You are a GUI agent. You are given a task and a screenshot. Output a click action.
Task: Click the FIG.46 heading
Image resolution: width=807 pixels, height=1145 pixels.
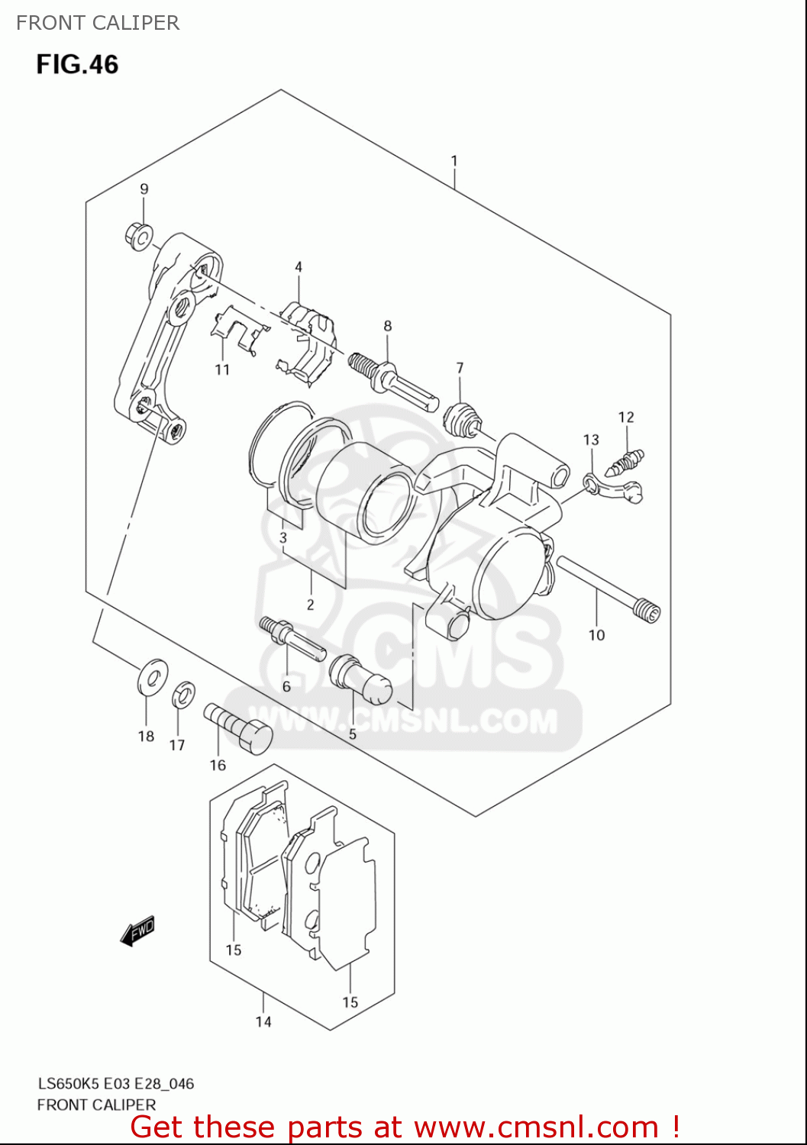(77, 64)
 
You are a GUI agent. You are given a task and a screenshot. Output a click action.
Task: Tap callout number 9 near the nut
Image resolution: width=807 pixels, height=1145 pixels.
(144, 189)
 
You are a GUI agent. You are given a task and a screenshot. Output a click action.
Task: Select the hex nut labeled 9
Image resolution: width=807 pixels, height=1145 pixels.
(139, 237)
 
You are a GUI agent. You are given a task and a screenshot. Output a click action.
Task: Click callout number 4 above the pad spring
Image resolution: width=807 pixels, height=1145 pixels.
(299, 267)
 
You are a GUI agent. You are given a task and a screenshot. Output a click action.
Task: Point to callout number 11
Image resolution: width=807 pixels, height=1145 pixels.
(222, 370)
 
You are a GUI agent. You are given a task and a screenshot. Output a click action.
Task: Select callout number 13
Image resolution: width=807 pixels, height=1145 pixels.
(591, 440)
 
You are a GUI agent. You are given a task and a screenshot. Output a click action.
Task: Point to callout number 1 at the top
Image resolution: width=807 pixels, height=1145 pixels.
(454, 161)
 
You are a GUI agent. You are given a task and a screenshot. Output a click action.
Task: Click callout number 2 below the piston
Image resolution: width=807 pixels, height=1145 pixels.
(311, 605)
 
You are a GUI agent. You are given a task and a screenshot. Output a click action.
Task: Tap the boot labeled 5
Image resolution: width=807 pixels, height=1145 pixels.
(360, 679)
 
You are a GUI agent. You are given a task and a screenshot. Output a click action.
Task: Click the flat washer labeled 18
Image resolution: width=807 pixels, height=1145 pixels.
(152, 676)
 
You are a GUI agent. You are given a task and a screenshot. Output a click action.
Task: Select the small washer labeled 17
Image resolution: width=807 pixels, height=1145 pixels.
(183, 694)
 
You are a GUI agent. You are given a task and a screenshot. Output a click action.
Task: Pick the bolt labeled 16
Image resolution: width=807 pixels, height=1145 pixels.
(239, 728)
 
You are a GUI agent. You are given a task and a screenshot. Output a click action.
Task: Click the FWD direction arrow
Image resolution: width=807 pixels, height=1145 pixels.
(138, 931)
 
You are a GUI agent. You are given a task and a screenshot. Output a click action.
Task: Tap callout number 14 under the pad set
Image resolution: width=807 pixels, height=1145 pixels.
(263, 1022)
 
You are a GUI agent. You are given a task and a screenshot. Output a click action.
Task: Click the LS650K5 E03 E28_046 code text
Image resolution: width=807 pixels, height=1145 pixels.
(116, 1084)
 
